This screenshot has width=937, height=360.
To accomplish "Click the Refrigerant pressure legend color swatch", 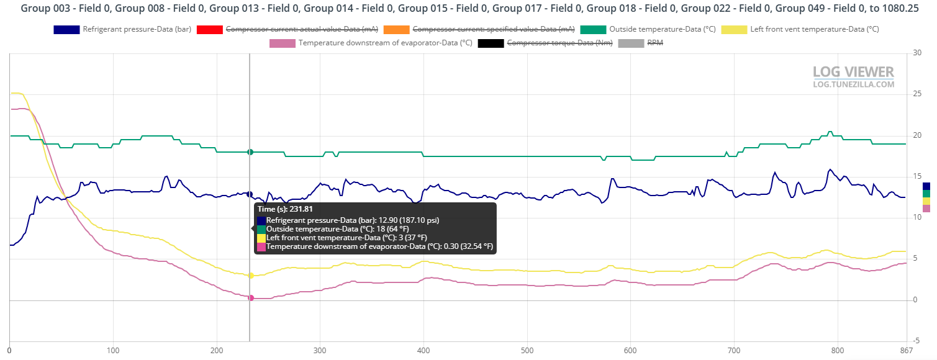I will pyautogui.click(x=66, y=29).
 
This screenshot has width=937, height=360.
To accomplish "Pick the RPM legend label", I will pyautogui.click(x=656, y=43).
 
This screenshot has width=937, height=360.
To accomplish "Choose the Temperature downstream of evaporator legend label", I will pyautogui.click(x=385, y=43).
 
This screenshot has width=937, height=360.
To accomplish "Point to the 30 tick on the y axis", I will pyautogui.click(x=917, y=53).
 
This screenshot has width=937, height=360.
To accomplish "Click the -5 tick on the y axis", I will pyautogui.click(x=917, y=341).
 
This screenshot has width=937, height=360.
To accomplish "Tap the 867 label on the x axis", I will pyautogui.click(x=906, y=351).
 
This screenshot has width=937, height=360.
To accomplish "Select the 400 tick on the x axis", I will pyautogui.click(x=423, y=351).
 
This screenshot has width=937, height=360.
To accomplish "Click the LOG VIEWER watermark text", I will pyautogui.click(x=853, y=72).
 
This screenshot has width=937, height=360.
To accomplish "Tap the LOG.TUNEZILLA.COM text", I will pyautogui.click(x=853, y=84).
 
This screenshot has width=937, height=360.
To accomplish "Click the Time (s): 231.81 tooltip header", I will pyautogui.click(x=284, y=209).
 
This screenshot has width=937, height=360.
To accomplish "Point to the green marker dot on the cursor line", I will pyautogui.click(x=250, y=152).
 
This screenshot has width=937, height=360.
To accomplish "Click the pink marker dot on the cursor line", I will pyautogui.click(x=250, y=298).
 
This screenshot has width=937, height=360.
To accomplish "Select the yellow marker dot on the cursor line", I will pyautogui.click(x=250, y=276).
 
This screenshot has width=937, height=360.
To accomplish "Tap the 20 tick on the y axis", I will pyautogui.click(x=917, y=135).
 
